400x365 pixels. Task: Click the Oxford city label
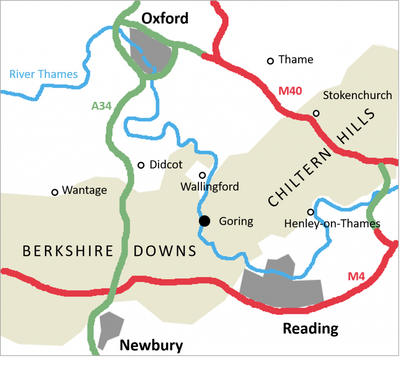pyautogui.click(x=165, y=18)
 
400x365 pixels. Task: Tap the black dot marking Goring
pyautogui.click(x=204, y=221)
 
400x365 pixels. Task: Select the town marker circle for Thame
pyautogui.click(x=270, y=61)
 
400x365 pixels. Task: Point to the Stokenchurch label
pyautogui.click(x=357, y=96)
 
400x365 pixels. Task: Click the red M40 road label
pyautogui.click(x=290, y=91)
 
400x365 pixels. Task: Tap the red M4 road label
pyautogui.click(x=356, y=277)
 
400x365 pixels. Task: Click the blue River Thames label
pyautogui.click(x=43, y=74)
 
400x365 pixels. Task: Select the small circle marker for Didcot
pyautogui.click(x=141, y=165)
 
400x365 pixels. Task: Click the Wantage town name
pyautogui.click(x=84, y=190)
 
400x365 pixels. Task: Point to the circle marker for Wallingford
pyautogui.click(x=202, y=175)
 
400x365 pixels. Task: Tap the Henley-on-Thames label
pyautogui.click(x=332, y=224)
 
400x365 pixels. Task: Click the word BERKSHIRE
pyautogui.click(x=68, y=251)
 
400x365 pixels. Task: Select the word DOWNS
pyautogui.click(x=165, y=251)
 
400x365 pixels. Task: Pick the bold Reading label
pyautogui.click(x=311, y=329)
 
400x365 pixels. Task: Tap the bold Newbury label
pyautogui.click(x=151, y=346)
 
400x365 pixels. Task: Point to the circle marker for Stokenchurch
pyautogui.click(x=316, y=113)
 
